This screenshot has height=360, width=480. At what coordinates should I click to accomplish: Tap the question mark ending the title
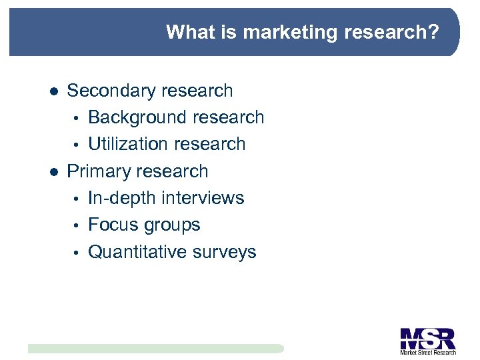click(x=434, y=32)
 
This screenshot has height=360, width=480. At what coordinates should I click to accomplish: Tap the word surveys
click(x=225, y=253)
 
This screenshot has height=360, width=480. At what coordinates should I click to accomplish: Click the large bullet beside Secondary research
click(x=54, y=91)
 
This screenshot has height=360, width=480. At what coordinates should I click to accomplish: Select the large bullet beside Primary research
click(x=54, y=172)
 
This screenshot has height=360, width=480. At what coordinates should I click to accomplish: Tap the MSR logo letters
click(x=427, y=337)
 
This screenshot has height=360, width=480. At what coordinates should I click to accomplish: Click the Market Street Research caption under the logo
click(x=427, y=352)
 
